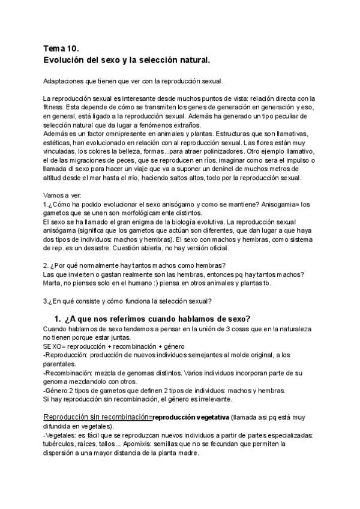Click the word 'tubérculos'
pyautogui.click(x=62, y=444)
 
